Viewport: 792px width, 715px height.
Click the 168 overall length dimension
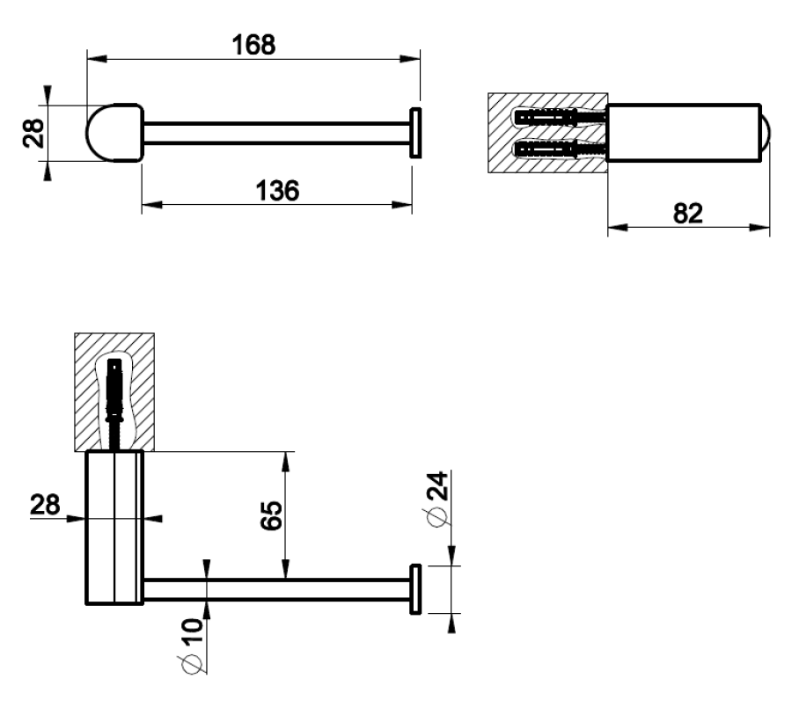(x=253, y=44)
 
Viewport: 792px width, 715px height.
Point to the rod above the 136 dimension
(x=275, y=133)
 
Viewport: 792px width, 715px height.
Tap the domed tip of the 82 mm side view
(x=766, y=133)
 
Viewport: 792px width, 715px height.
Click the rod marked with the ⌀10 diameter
(x=275, y=589)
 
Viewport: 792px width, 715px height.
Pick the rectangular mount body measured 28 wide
(x=114, y=528)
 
